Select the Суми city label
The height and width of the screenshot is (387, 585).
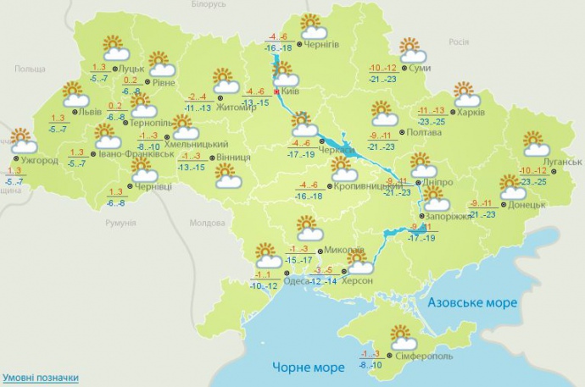415,68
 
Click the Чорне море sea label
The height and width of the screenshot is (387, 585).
308,368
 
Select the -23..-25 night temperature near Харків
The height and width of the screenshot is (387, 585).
433,122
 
